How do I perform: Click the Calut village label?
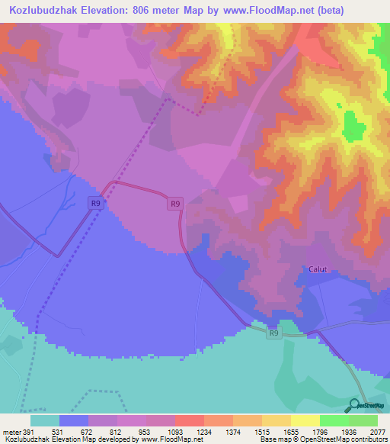[x=318, y=269]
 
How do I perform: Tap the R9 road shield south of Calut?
[x=274, y=333]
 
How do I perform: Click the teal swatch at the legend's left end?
[x=44, y=421]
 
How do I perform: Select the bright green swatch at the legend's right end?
[x=363, y=421]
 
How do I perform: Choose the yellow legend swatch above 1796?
[x=305, y=421]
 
